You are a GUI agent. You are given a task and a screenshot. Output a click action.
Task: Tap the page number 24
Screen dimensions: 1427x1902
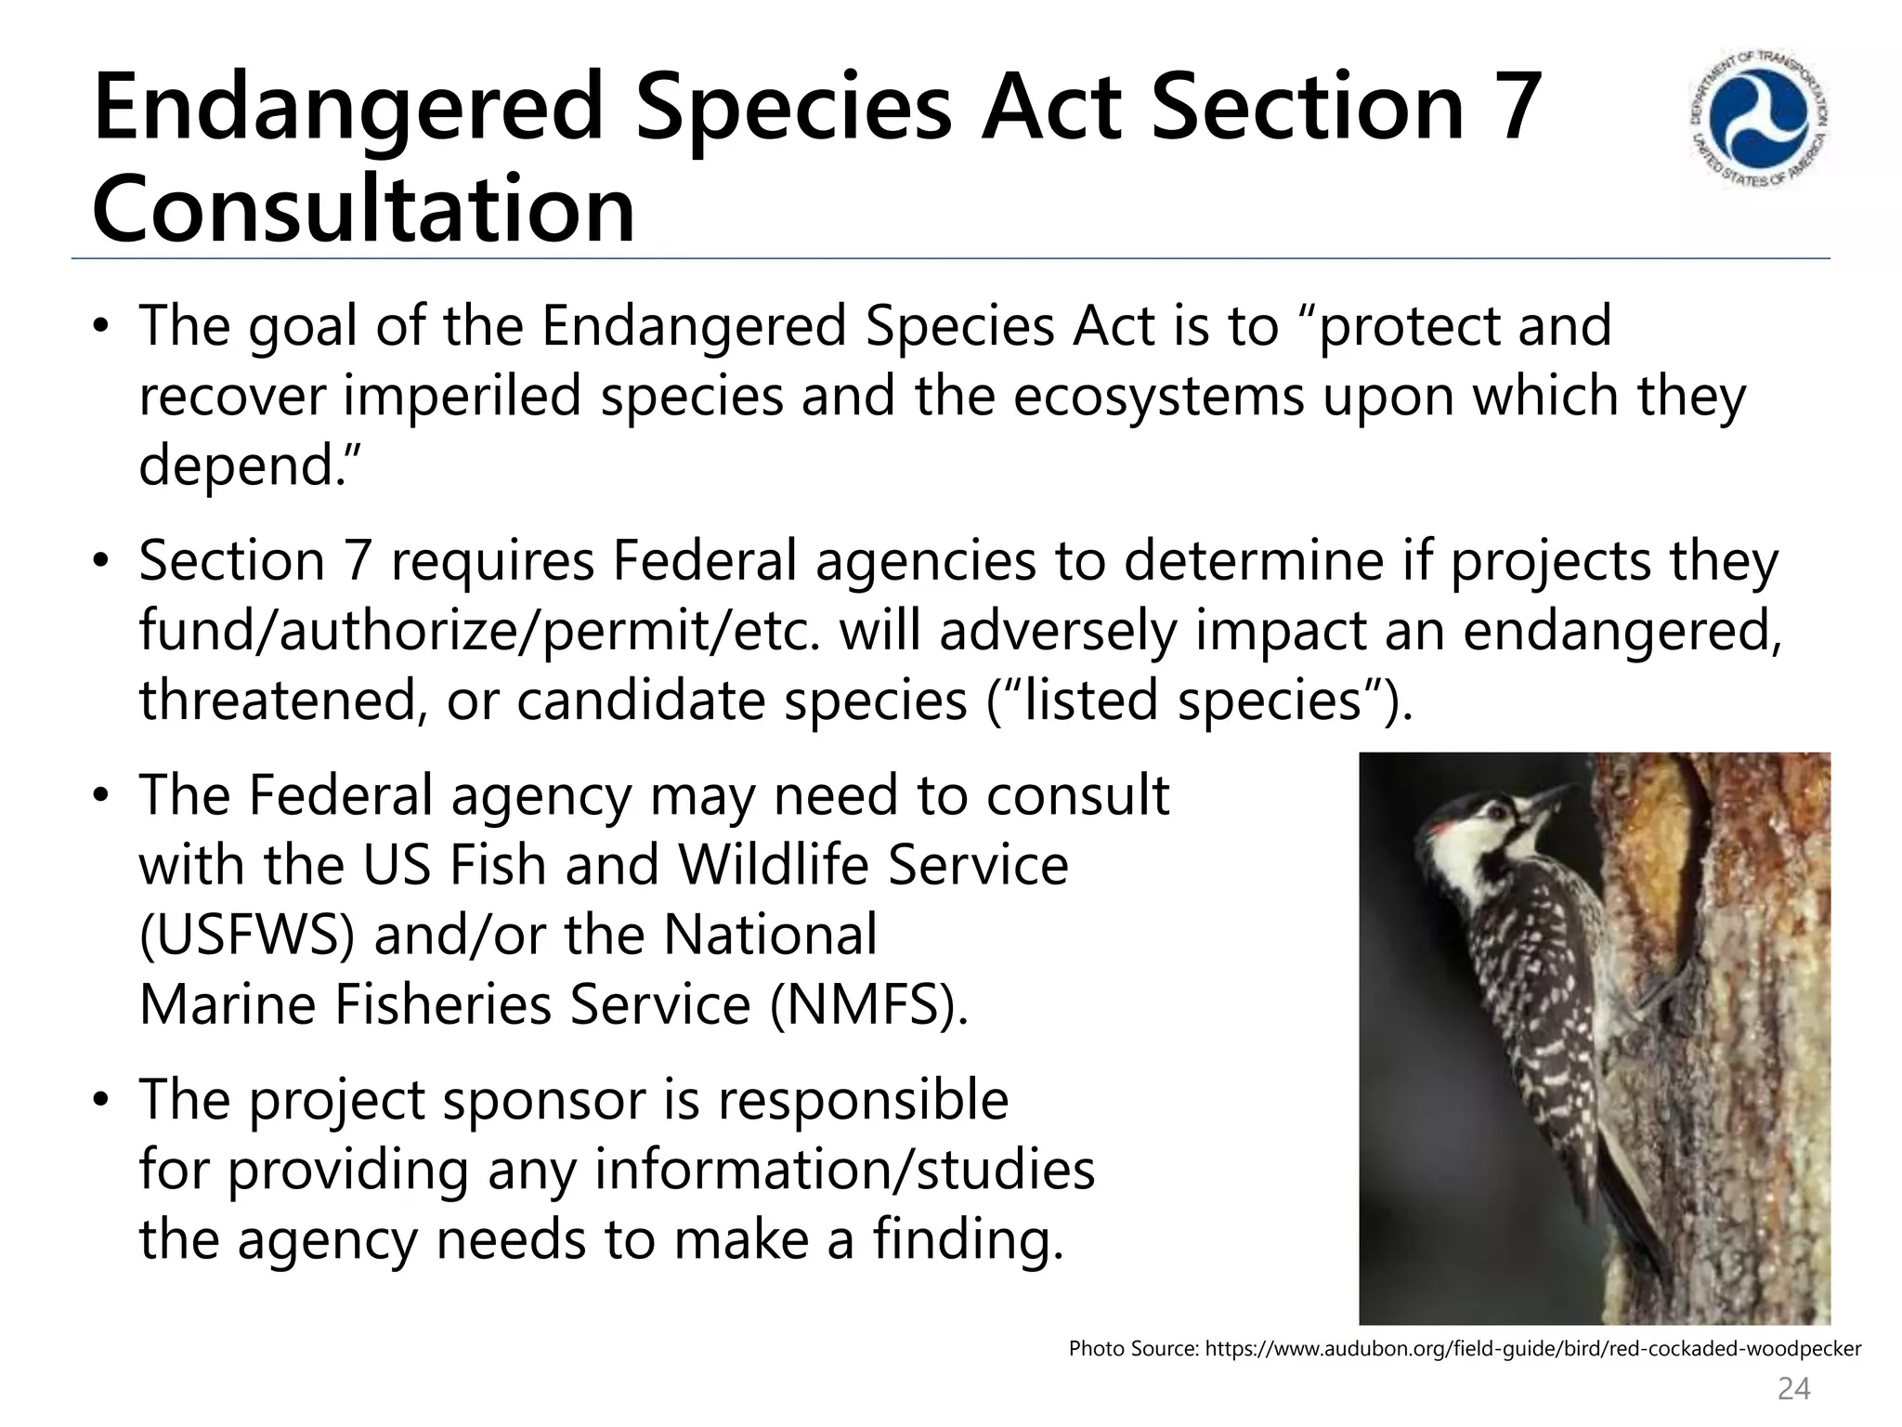pyautogui.click(x=1793, y=1389)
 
